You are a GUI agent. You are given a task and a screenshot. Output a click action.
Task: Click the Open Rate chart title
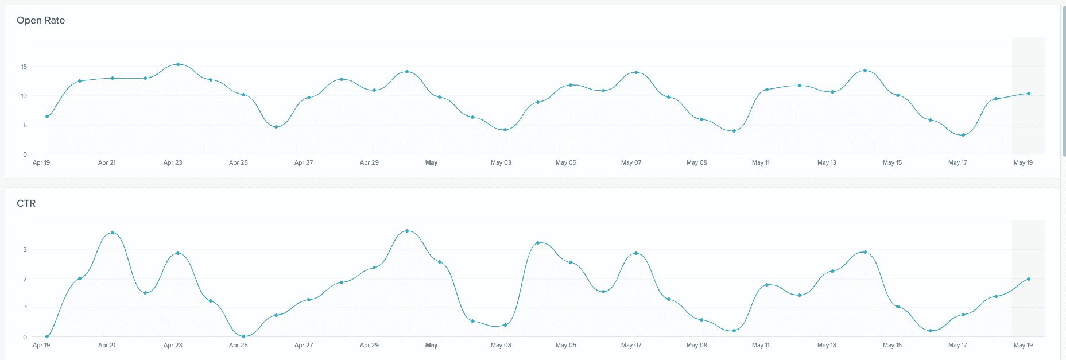click(41, 20)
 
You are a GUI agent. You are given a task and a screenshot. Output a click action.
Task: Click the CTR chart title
click(26, 203)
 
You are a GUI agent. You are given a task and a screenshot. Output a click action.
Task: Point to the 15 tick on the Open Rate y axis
click(24, 67)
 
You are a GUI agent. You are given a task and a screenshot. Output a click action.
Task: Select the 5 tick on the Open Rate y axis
click(25, 125)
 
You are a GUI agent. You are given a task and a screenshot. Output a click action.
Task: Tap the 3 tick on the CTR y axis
click(25, 250)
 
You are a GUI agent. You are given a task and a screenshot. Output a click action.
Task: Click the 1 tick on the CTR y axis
click(25, 308)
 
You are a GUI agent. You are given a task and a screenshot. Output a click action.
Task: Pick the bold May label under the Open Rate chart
click(431, 163)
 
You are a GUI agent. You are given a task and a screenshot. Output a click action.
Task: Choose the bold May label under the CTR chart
click(431, 346)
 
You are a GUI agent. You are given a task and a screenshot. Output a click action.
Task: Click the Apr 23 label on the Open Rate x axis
click(173, 163)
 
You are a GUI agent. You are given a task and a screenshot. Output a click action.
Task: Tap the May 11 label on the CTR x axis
click(761, 346)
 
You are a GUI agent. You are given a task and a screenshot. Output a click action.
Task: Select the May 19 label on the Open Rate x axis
click(1023, 163)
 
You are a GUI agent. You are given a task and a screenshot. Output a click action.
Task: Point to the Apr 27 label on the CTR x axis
click(304, 346)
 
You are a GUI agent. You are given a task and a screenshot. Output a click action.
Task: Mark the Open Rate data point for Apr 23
click(178, 64)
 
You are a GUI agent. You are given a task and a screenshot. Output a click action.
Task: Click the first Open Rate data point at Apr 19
click(47, 117)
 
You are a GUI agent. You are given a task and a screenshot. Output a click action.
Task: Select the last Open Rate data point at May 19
click(1028, 94)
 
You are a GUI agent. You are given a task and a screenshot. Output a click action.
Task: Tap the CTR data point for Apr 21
click(113, 233)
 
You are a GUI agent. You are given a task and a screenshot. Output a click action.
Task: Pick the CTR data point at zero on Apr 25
click(243, 336)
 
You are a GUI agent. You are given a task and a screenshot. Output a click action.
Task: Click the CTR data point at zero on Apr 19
click(47, 336)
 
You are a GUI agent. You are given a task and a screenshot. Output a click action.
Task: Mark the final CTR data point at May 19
click(1028, 279)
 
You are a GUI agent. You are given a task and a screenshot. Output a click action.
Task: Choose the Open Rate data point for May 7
click(636, 72)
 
